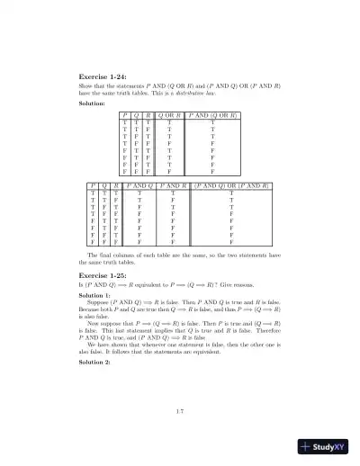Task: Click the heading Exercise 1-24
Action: (104, 77)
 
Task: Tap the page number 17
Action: (180, 411)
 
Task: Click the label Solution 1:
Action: (95, 295)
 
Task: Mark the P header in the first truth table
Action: (126, 116)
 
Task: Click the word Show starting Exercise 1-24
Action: (87, 85)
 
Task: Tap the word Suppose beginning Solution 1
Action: (99, 304)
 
